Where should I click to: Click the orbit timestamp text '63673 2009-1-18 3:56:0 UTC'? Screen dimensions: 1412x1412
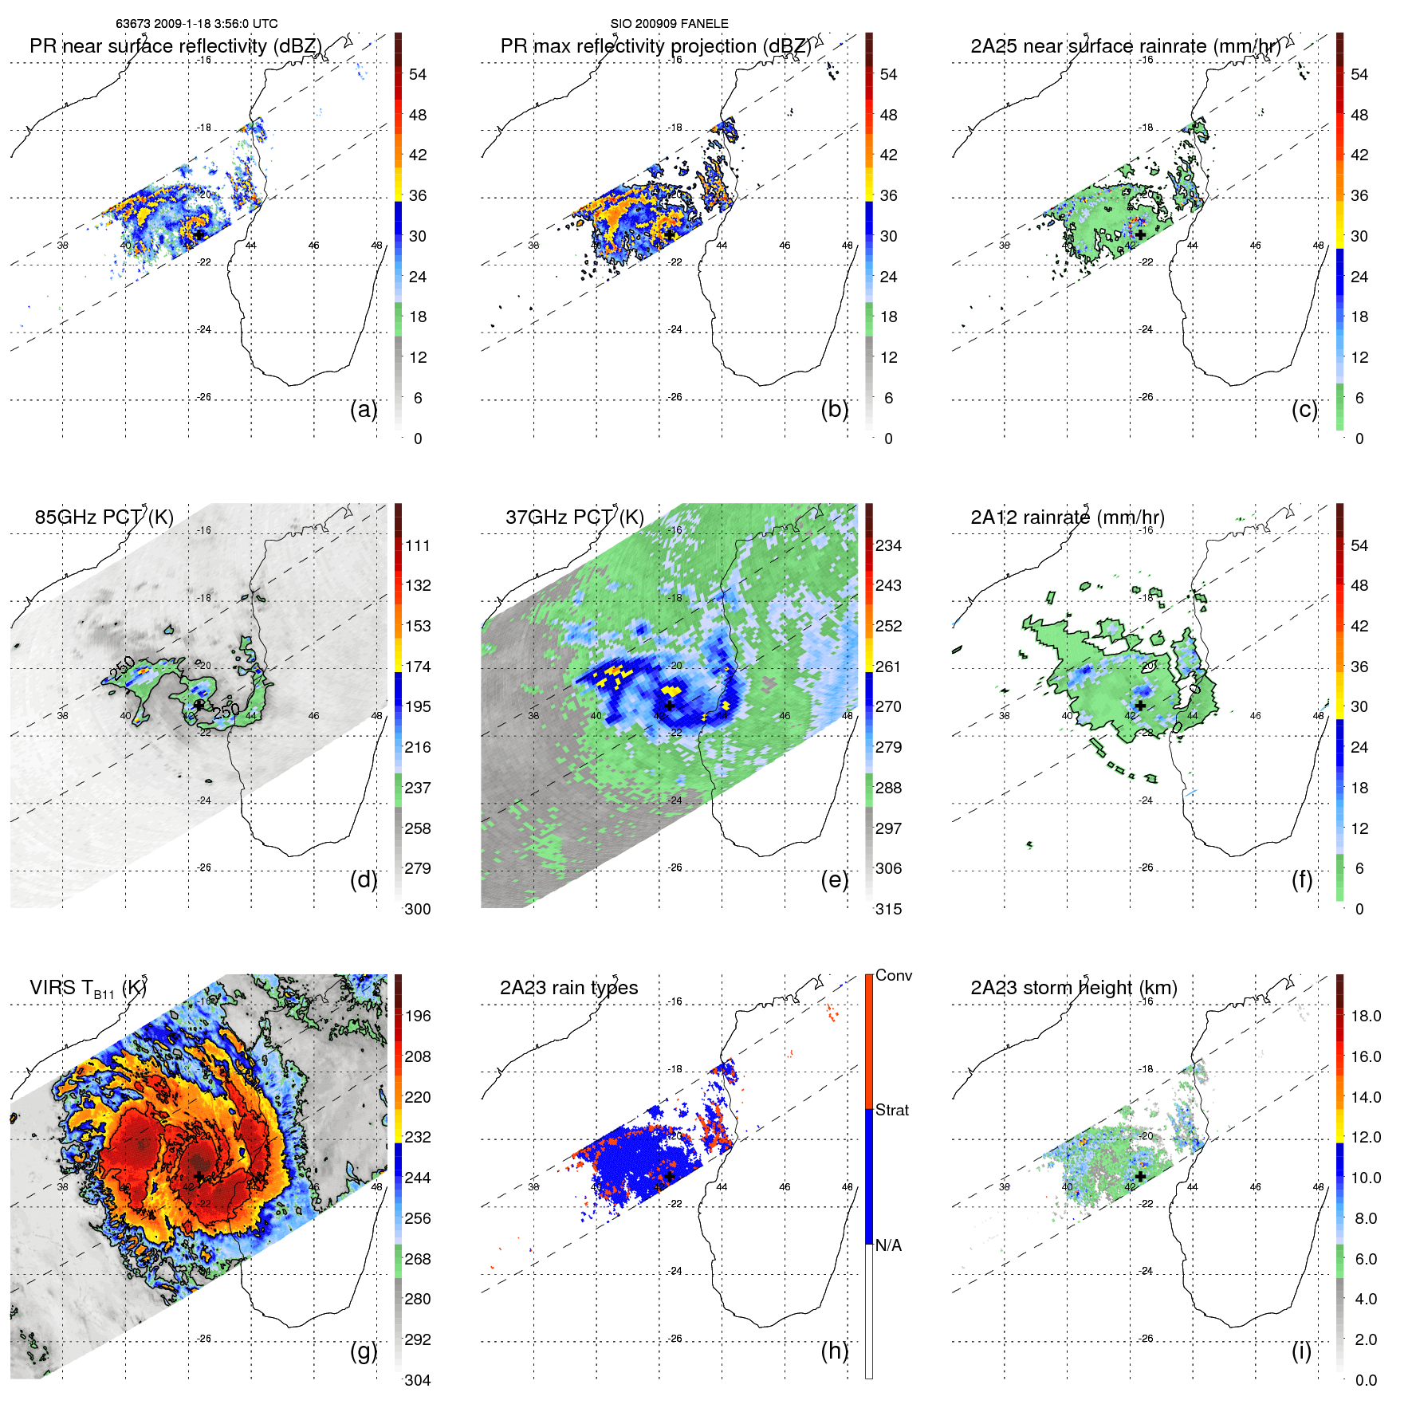(196, 24)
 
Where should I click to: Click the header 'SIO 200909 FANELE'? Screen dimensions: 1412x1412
(669, 24)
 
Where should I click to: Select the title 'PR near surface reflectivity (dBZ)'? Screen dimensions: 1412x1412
(175, 46)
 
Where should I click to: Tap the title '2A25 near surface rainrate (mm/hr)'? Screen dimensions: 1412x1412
(1125, 46)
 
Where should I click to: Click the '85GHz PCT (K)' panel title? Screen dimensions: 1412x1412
(104, 517)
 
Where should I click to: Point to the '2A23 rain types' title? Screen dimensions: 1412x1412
(568, 988)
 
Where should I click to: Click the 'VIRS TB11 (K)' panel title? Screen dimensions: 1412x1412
(88, 989)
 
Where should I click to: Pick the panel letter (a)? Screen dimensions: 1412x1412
(364, 409)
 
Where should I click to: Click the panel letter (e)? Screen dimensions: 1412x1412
(834, 879)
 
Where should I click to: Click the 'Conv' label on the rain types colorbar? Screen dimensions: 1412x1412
(893, 975)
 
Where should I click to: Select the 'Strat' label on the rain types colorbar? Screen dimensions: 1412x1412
(892, 1110)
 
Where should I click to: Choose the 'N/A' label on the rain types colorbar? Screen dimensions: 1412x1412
(888, 1245)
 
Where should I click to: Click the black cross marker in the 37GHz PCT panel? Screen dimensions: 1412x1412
(670, 706)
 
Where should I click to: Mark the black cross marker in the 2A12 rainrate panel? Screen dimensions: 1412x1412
(1140, 706)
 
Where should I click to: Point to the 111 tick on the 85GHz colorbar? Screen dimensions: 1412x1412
(417, 545)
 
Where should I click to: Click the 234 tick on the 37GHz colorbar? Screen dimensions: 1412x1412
(888, 545)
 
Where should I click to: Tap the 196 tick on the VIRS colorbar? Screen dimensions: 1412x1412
(417, 1016)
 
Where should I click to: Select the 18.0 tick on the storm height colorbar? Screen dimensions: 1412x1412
(1365, 1016)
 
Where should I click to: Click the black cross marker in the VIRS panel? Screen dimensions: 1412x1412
(199, 1176)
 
